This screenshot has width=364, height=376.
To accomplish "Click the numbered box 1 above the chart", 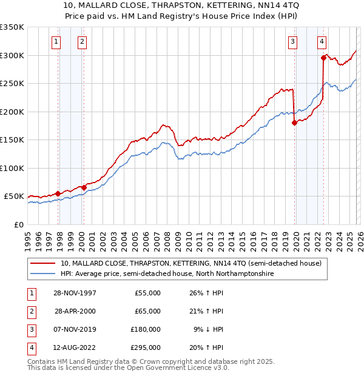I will pos(56,42).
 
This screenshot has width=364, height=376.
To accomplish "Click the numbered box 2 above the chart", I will pos(81,42).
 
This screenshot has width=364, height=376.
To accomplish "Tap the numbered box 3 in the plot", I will pos(292,42).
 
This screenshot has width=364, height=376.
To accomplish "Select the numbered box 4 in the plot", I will pos(321,42).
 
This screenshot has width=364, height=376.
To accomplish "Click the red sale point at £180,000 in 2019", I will pos(294,123).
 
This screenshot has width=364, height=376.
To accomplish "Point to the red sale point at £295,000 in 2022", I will pos(323,58).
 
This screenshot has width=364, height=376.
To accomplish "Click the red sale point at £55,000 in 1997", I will pos(58,193).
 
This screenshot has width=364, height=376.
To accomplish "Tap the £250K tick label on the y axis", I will pos(13,84).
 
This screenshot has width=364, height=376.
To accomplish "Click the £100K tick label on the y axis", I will pos(13,168).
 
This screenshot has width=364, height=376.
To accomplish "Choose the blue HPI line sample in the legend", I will pos(44,274).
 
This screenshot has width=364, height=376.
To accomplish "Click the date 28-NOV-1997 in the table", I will pos(75,293).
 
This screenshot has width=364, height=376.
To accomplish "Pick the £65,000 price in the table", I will pos(147,311).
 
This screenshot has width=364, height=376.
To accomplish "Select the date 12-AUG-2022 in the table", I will pos(75,347).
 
